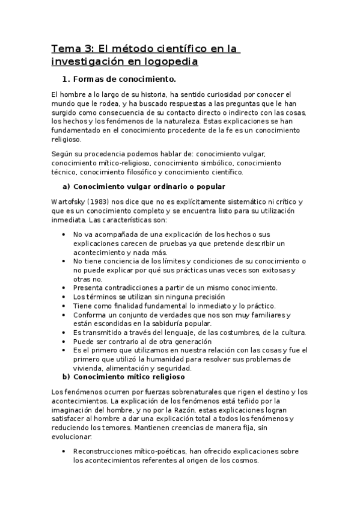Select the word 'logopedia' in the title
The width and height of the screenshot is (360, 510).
coord(169,61)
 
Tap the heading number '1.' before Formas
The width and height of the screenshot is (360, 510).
coord(66,79)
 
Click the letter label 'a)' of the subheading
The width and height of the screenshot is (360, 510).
coord(66,186)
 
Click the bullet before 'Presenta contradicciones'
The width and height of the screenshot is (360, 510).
coord(64,287)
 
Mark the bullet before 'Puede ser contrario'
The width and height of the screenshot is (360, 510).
coord(64,342)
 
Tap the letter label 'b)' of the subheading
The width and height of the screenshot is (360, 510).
coord(66,377)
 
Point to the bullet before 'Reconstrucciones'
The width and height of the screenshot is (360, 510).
coord(64,451)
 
